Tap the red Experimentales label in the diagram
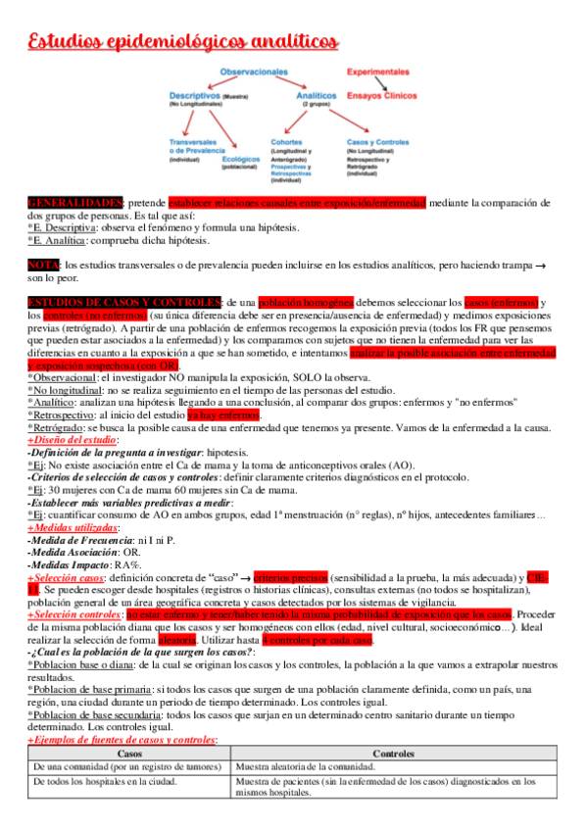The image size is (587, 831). tap(379, 73)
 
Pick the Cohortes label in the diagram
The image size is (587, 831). tap(286, 141)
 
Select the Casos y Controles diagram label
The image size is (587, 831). tap(375, 141)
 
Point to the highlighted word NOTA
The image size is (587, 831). tap(44, 265)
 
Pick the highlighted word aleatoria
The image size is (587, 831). tap(176, 640)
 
